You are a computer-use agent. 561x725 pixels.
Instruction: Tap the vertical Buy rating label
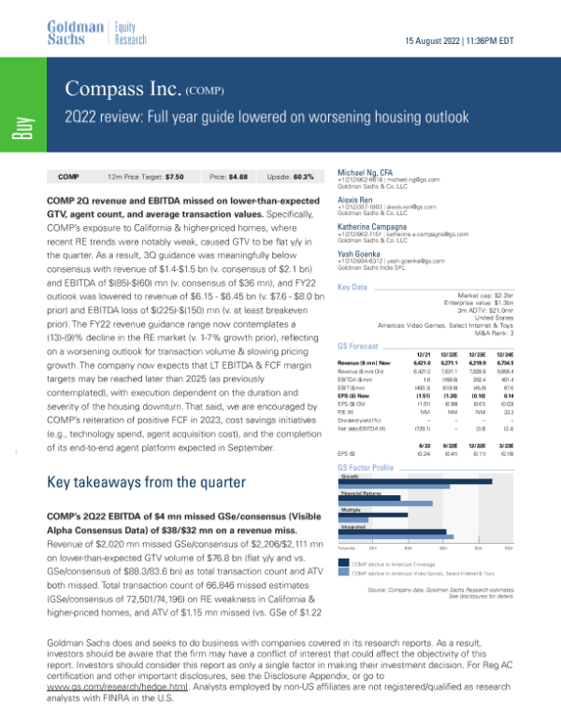(19, 127)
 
